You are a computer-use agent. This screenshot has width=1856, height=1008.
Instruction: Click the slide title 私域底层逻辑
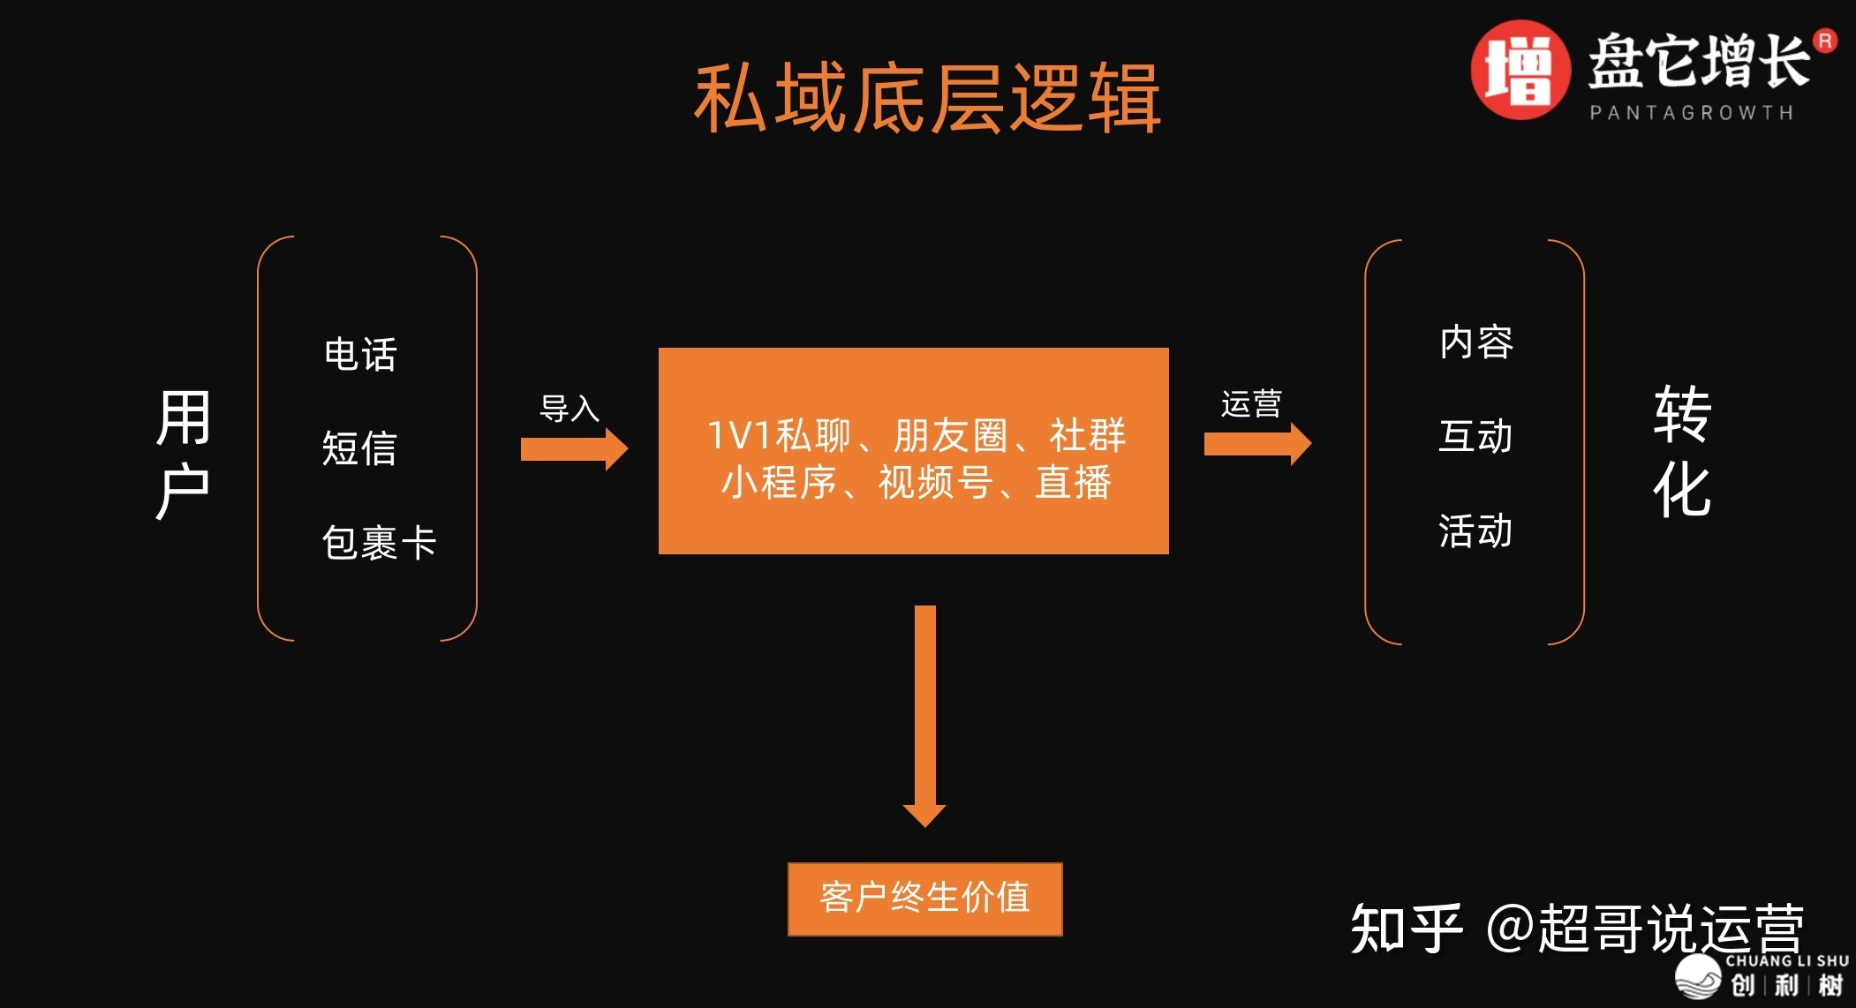[x=927, y=99]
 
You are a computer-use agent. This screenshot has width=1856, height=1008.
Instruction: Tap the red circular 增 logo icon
[x=1519, y=71]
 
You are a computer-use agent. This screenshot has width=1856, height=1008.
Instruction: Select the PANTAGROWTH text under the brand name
[x=1691, y=113]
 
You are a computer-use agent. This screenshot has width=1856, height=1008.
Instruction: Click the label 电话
[x=360, y=355]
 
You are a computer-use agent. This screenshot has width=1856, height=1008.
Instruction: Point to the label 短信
[x=358, y=448]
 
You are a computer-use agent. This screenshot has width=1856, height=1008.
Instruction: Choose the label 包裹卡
[x=379, y=542]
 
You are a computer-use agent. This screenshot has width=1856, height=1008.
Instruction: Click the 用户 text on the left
[x=183, y=454]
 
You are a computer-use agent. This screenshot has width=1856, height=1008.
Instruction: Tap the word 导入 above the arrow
[x=570, y=409]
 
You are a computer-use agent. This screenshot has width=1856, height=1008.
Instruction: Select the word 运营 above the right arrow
[x=1251, y=404]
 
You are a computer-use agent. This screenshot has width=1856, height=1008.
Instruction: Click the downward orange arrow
[x=924, y=715]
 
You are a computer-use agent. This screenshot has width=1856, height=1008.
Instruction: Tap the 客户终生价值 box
[x=924, y=899]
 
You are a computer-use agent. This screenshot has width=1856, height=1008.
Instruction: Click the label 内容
[x=1475, y=342]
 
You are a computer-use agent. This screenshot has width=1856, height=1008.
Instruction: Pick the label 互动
[x=1475, y=436]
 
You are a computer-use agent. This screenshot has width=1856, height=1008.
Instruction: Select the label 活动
[x=1475, y=531]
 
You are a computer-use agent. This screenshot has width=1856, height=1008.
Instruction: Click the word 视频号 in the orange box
[x=935, y=483]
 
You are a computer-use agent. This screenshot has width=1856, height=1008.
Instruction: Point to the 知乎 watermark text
[x=1406, y=929]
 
